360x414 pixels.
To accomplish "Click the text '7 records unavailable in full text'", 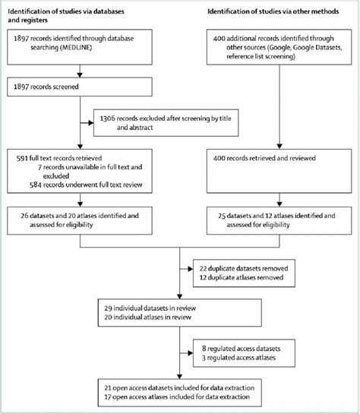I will coord(72,165).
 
